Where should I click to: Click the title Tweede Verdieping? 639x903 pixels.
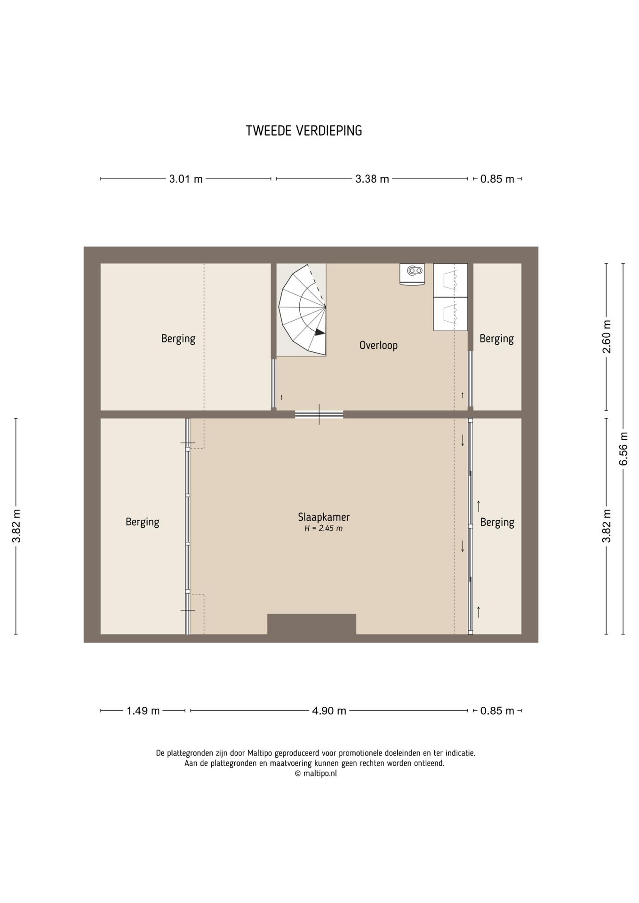(304, 131)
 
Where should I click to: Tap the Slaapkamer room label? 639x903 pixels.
(324, 517)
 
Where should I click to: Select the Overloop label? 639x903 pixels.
(378, 345)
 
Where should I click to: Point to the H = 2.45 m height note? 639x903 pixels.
(323, 529)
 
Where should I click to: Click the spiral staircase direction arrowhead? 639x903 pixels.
(320, 332)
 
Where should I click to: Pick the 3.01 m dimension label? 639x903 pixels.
(186, 179)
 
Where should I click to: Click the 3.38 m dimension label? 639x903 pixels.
(372, 179)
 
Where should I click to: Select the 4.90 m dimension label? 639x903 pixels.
(329, 711)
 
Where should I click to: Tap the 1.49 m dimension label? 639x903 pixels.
(143, 711)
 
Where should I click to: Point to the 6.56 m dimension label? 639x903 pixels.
(623, 449)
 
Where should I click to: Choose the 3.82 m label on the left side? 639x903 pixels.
(16, 526)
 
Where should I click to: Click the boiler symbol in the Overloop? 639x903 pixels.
(412, 274)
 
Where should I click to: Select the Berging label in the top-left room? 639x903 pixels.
(178, 339)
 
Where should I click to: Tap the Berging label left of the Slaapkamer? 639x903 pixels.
(142, 522)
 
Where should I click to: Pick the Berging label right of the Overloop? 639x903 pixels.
(496, 339)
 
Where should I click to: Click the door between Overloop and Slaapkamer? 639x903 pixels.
(319, 414)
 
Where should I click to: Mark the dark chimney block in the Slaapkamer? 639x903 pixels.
(312, 624)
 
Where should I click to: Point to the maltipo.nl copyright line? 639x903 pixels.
(316, 773)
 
